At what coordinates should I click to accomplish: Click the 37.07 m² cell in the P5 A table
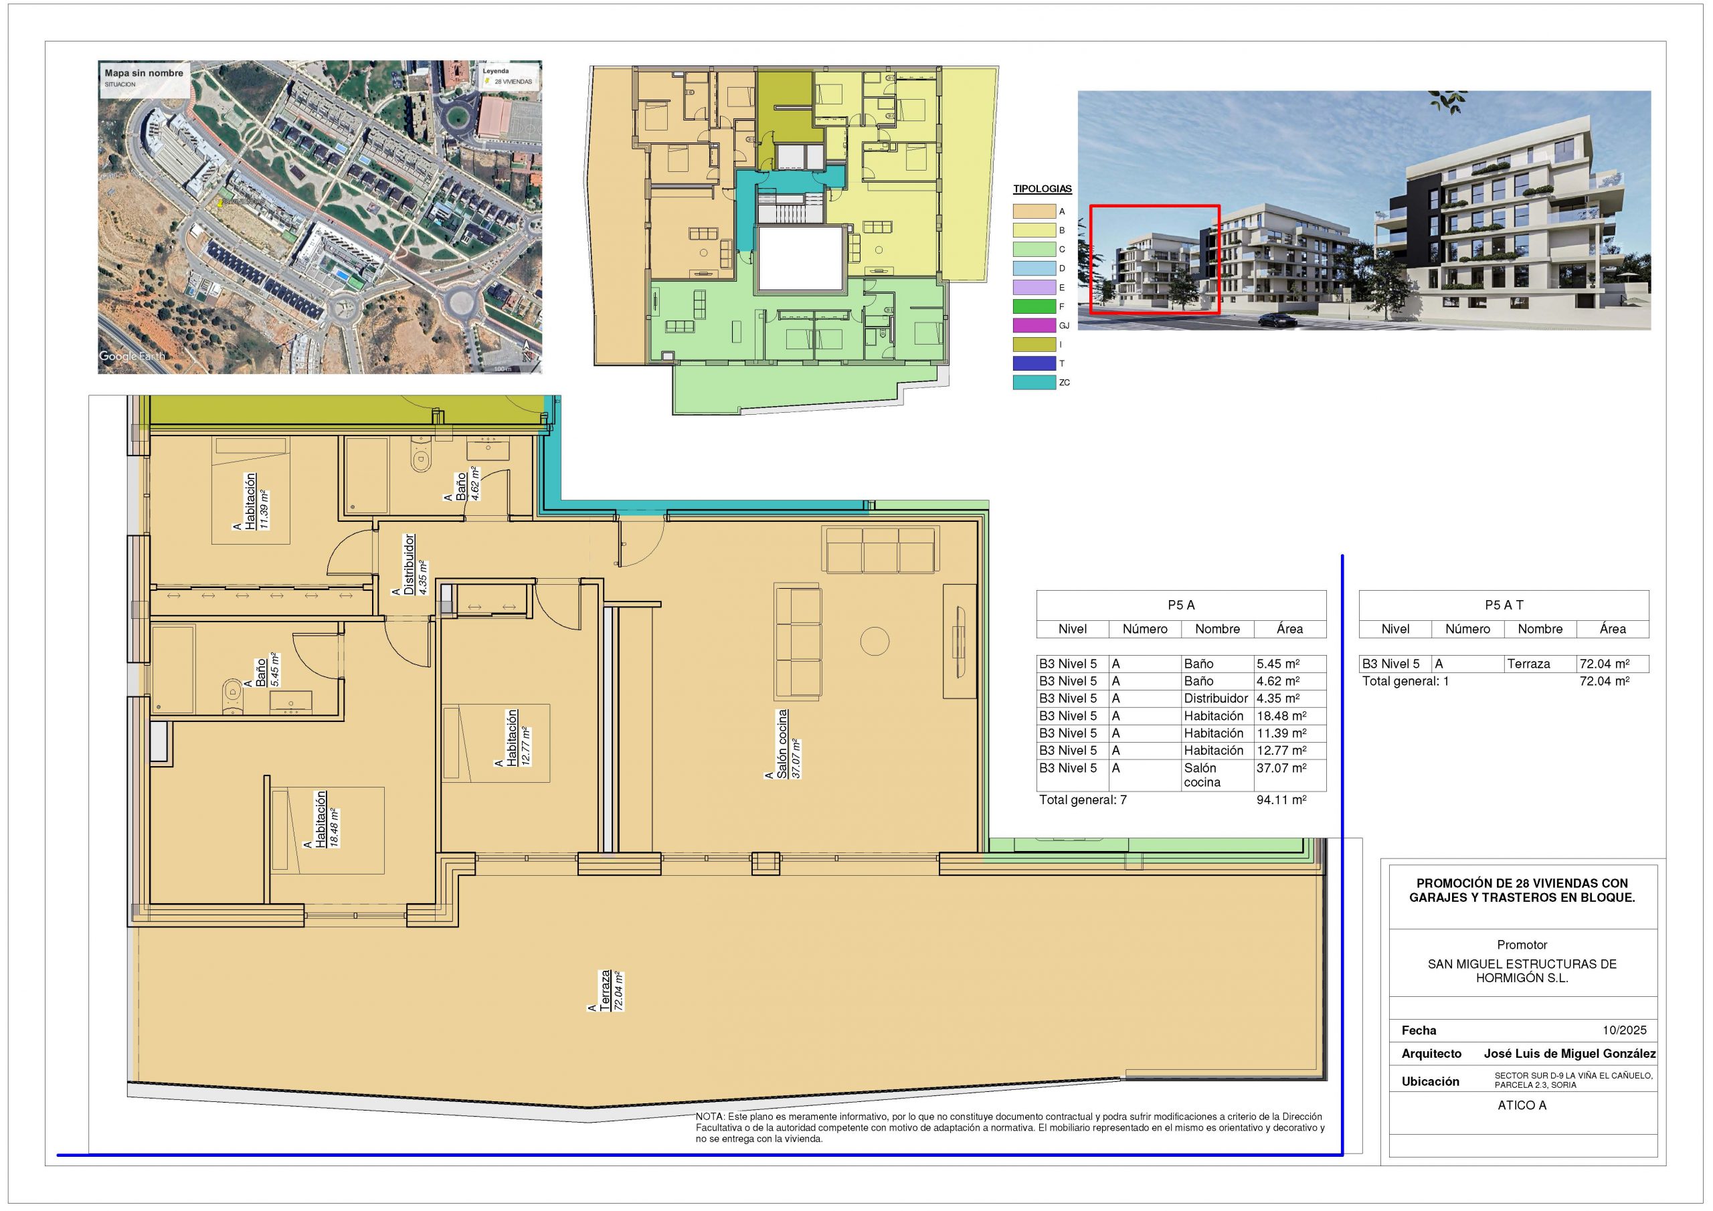1281,768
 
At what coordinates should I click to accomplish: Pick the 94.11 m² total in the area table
1281,800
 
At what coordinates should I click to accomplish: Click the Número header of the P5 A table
1144,629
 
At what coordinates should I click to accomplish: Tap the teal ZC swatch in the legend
1034,383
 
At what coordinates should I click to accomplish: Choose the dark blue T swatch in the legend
1034,363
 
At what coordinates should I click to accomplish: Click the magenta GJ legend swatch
1034,325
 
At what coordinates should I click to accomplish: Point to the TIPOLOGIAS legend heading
1043,189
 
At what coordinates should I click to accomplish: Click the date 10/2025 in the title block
1624,1030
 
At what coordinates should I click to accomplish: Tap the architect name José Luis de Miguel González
1570,1054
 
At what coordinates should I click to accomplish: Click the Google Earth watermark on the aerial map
132,357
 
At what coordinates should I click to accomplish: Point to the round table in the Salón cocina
875,640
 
